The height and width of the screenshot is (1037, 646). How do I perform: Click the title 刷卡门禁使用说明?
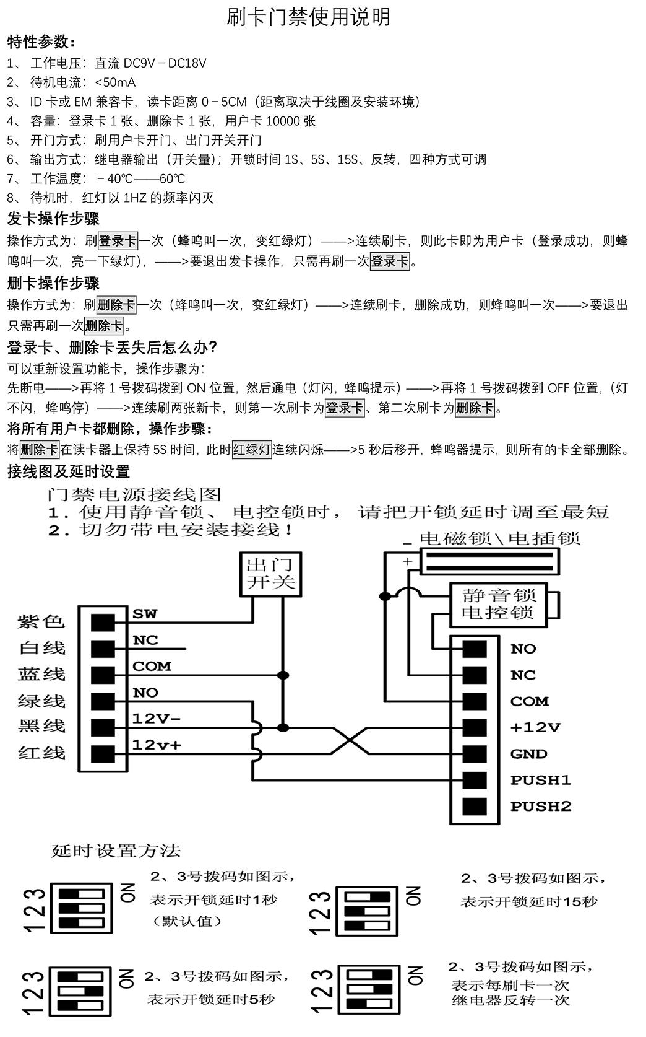pyautogui.click(x=309, y=17)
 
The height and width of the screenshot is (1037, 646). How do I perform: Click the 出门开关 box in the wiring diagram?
pyautogui.click(x=270, y=574)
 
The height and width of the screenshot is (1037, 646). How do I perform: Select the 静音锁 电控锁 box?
pyautogui.click(x=498, y=604)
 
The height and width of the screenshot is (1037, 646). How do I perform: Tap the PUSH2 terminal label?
pyautogui.click(x=540, y=807)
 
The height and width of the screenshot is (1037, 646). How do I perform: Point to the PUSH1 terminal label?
pyautogui.click(x=540, y=780)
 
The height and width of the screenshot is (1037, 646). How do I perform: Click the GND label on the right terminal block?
pyautogui.click(x=528, y=754)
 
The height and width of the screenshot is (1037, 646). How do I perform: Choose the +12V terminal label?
pyautogui.click(x=535, y=727)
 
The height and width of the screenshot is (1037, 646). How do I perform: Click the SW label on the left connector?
pyautogui.click(x=145, y=614)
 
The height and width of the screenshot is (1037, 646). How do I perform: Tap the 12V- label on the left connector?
pyautogui.click(x=156, y=719)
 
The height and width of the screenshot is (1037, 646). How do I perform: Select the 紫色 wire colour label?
pyautogui.click(x=41, y=621)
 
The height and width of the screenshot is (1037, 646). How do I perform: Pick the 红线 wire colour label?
pyautogui.click(x=41, y=753)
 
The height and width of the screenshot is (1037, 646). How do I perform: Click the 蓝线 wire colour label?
pyautogui.click(x=41, y=674)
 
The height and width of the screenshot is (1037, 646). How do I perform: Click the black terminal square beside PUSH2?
pyautogui.click(x=474, y=807)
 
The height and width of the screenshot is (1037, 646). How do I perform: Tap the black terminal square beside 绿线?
pyautogui.click(x=103, y=701)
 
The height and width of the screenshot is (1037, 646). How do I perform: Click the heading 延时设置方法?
pyautogui.click(x=115, y=851)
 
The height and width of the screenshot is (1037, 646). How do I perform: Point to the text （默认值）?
pyautogui.click(x=187, y=921)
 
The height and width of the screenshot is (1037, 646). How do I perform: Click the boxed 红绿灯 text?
pyautogui.click(x=252, y=450)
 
